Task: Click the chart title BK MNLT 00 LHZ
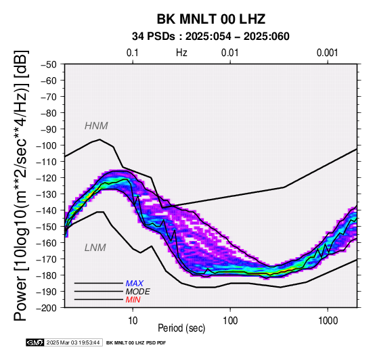[211, 19]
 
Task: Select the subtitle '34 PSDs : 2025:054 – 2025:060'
[211, 37]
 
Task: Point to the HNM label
[96, 126]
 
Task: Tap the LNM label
[95, 248]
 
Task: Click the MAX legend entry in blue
[135, 284]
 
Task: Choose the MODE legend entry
[138, 292]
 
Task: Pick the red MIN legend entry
[133, 300]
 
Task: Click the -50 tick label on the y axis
[49, 64]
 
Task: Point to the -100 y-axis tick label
[47, 145]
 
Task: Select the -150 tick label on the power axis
[47, 227]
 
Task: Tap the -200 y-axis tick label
[47, 308]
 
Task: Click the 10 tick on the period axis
[133, 321]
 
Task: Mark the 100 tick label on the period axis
[230, 321]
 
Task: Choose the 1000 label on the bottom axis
[328, 321]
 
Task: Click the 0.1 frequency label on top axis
[133, 53]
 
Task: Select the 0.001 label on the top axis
[327, 53]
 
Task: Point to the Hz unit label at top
[181, 53]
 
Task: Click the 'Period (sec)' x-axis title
[181, 328]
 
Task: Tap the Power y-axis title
[21, 185]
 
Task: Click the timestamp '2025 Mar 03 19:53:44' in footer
[73, 343]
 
